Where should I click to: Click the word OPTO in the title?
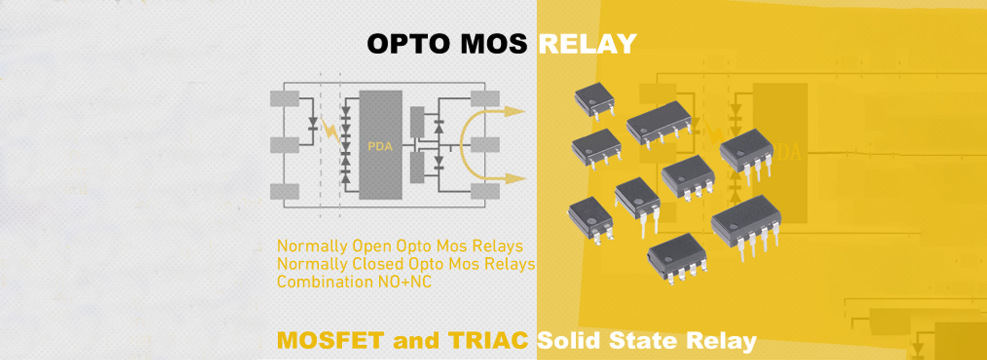pos(409,44)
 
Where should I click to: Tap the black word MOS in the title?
pos(493,44)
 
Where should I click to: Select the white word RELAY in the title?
pos(588,44)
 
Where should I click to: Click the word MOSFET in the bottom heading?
pos(330,340)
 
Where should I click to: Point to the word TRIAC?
pos(488,340)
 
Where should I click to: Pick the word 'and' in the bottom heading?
pos(416,340)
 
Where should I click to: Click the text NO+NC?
pos(405,282)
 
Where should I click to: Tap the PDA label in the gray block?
pos(380,147)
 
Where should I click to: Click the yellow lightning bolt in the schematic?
pos(331,131)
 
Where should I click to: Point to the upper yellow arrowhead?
pos(514,111)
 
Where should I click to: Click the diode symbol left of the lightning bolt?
pos(313,123)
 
